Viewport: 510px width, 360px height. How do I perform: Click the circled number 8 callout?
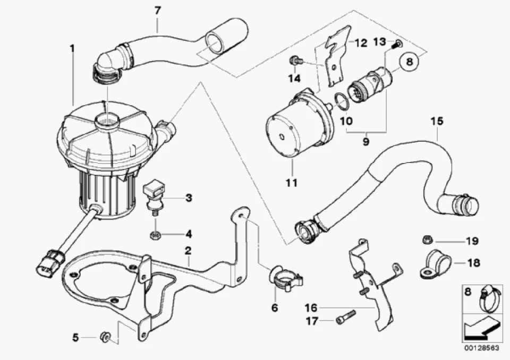click(x=409, y=61)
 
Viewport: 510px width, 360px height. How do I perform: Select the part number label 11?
click(x=292, y=183)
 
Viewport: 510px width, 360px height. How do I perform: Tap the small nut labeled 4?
click(x=155, y=234)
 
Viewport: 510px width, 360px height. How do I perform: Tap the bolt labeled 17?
click(x=345, y=316)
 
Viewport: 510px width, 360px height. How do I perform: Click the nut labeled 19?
click(x=427, y=241)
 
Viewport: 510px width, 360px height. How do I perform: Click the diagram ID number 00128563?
click(x=482, y=348)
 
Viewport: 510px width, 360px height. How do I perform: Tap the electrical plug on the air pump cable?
click(x=50, y=261)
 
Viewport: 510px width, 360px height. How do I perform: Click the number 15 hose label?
click(x=437, y=121)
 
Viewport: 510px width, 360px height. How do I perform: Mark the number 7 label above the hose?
click(x=157, y=11)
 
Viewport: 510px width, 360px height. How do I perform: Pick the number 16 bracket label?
click(x=311, y=307)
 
